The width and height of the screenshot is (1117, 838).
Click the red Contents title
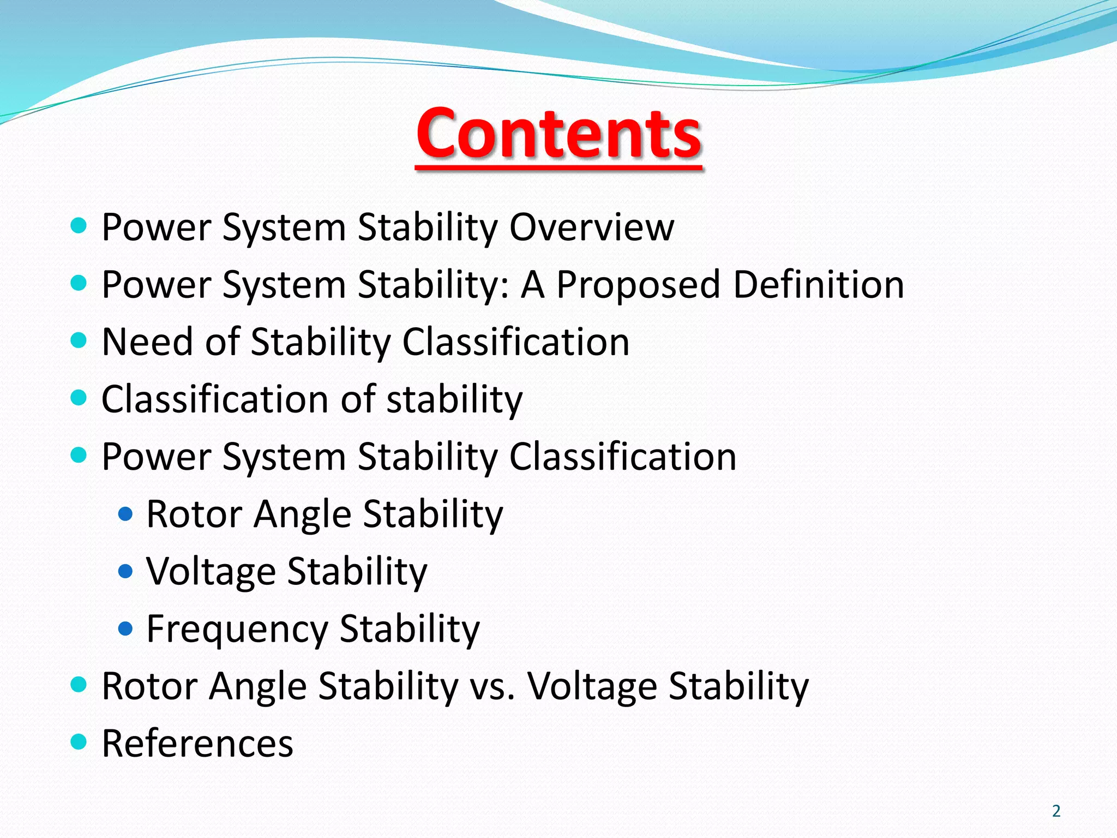pyautogui.click(x=558, y=134)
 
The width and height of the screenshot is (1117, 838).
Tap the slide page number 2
pyautogui.click(x=1056, y=811)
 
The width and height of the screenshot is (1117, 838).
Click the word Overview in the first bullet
pyautogui.click(x=591, y=226)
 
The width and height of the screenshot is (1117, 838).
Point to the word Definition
pyautogui.click(x=818, y=284)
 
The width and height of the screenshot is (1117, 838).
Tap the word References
pyautogui.click(x=197, y=743)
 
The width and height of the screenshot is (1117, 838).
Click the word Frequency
pyautogui.click(x=237, y=629)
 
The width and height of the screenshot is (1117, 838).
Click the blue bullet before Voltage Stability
pyautogui.click(x=125, y=572)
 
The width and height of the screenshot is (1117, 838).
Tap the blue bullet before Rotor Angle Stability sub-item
pyautogui.click(x=125, y=514)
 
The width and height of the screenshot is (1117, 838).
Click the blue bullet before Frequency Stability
pyautogui.click(x=125, y=629)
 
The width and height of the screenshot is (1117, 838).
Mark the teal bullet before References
pyautogui.click(x=79, y=742)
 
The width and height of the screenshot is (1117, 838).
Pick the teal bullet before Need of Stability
pyautogui.click(x=79, y=341)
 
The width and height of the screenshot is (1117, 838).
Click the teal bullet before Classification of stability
pyautogui.click(x=79, y=398)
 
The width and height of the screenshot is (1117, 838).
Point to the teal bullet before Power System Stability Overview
pyautogui.click(x=79, y=225)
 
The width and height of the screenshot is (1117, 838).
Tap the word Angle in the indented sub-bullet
pyautogui.click(x=302, y=514)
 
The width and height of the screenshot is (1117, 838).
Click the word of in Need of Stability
pyautogui.click(x=222, y=342)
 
